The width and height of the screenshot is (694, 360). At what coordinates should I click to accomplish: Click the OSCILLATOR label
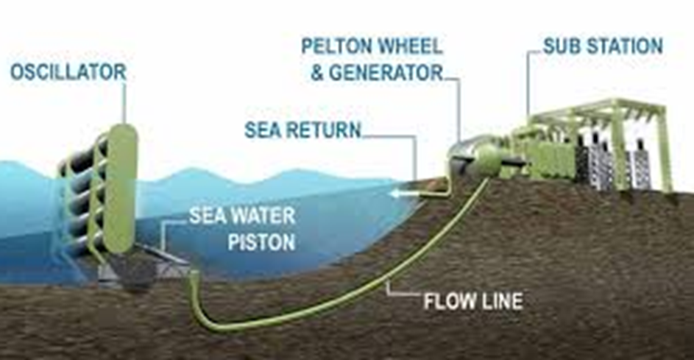coord(68,72)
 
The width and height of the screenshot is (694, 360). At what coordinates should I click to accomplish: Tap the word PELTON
coord(335,46)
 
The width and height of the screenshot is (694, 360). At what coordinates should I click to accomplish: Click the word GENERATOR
coord(386,73)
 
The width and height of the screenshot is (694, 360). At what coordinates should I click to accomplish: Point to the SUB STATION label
coord(603,46)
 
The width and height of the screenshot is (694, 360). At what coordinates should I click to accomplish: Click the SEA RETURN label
coord(303,130)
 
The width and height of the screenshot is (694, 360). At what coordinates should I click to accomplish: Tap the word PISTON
coord(261,242)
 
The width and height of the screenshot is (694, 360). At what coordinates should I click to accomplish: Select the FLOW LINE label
coord(473,301)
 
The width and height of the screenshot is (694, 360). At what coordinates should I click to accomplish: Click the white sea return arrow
coord(403,194)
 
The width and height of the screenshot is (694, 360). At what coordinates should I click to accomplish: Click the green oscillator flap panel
coord(119,188)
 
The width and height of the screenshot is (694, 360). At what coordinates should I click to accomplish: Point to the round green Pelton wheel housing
coord(487,160)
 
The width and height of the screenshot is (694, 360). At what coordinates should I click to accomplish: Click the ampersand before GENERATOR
coord(317,73)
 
